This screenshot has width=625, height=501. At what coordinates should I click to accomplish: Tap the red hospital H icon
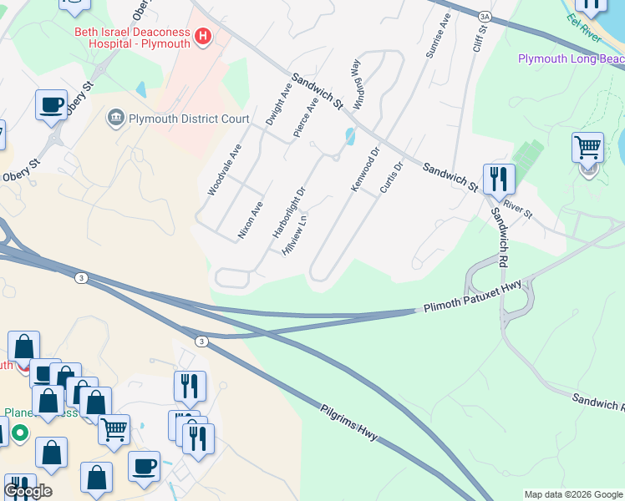pos(202,36)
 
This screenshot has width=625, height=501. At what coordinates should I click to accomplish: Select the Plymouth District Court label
pos(189,119)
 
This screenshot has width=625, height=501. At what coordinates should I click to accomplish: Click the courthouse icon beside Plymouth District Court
pos(116,118)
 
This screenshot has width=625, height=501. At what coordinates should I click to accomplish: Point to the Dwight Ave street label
pos(278,104)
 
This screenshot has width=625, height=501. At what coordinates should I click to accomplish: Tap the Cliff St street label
pos(479,38)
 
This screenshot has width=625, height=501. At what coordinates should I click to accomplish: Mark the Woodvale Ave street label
pos(225,170)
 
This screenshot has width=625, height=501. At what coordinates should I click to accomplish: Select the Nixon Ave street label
pos(251,220)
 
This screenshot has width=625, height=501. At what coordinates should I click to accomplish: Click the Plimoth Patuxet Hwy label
pos(472,296)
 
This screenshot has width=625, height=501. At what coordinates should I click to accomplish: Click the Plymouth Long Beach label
pos(571,58)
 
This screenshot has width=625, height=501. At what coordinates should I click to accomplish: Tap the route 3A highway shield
pos(485,16)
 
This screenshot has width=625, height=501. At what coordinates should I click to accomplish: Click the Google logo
pos(28,491)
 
